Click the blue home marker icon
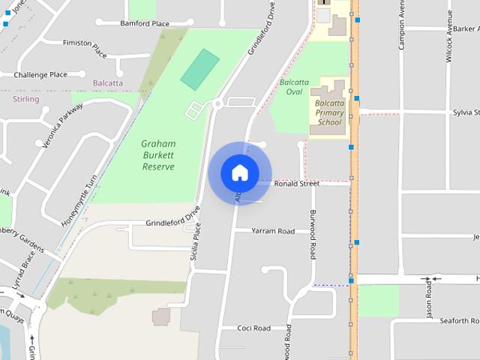(x=240, y=172)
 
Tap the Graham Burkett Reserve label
(x=158, y=154)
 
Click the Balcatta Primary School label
(x=329, y=111)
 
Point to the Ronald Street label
(x=296, y=183)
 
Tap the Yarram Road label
(x=273, y=231)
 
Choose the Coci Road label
(x=253, y=328)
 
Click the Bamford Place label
(x=145, y=23)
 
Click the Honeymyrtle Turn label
(x=79, y=200)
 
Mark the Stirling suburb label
(x=25, y=99)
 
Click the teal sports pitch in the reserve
(x=200, y=69)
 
